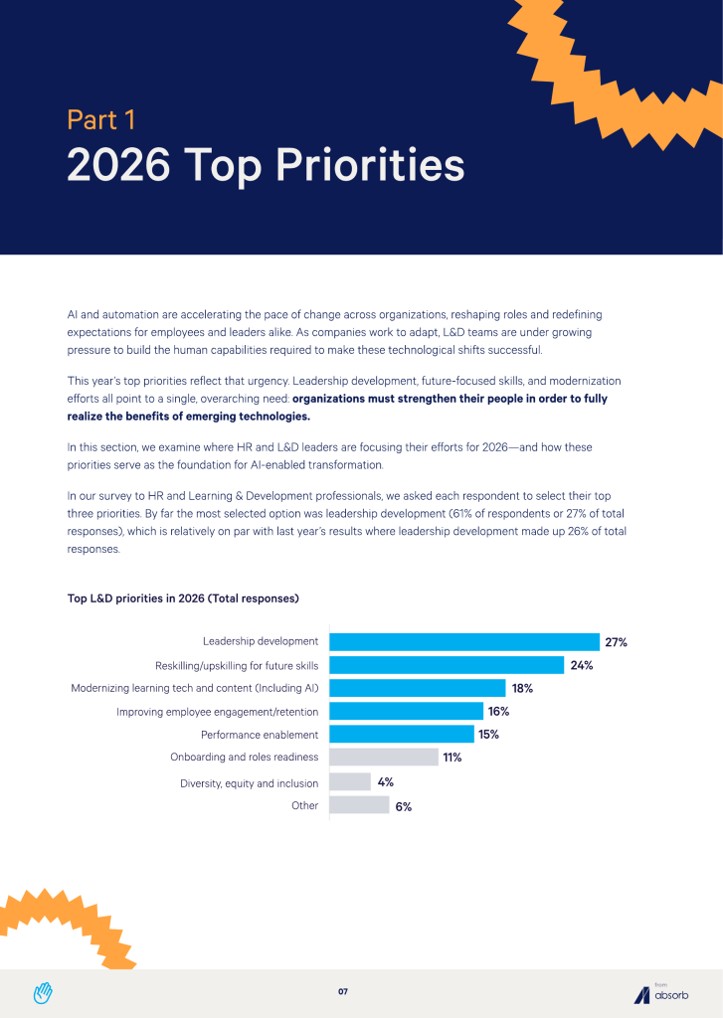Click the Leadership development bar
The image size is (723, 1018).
click(464, 642)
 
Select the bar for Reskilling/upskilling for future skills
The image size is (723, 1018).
click(447, 665)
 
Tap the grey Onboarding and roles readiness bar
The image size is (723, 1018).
click(384, 757)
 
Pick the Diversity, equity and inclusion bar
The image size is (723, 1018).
click(350, 781)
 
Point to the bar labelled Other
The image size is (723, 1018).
click(359, 805)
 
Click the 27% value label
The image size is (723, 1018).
click(616, 642)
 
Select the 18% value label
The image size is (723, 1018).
click(522, 688)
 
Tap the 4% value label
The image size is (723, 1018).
click(386, 781)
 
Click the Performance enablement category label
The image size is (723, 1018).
click(260, 735)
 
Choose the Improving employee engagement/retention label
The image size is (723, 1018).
click(217, 712)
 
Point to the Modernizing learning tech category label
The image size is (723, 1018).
click(195, 688)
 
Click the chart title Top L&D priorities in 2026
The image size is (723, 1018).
click(183, 597)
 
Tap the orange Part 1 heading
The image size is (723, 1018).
click(101, 119)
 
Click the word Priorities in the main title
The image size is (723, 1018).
click(370, 166)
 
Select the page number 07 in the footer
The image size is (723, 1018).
click(343, 991)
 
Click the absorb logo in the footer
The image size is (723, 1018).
click(661, 993)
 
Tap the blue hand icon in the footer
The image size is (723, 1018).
click(43, 993)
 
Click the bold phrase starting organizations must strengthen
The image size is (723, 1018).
click(337, 407)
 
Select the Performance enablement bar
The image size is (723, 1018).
click(402, 735)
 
